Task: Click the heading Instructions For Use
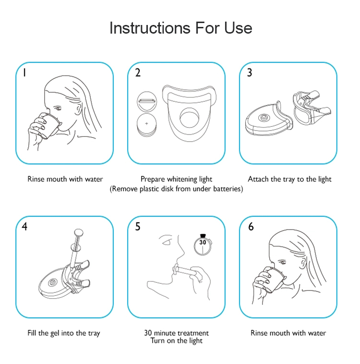coord(180,28)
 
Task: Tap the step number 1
coord(24,73)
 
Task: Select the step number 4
coord(24,226)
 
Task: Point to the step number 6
coord(251,227)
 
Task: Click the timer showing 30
coord(203,245)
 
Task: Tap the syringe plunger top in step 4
coord(78,232)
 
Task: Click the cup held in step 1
coord(50,126)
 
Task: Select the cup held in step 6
coord(275,280)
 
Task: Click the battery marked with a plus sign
coord(146,124)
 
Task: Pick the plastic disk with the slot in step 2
coord(147,101)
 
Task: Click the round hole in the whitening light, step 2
coord(190,118)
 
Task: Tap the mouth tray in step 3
coord(311,108)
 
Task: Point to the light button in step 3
coord(264,118)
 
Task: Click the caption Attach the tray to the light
coord(289,179)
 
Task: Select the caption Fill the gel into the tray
coord(63,333)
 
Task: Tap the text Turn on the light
coord(177,341)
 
